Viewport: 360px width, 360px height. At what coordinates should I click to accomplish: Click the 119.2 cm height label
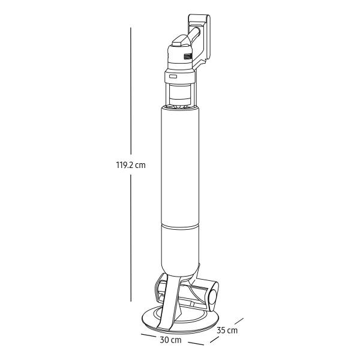[x=131, y=165]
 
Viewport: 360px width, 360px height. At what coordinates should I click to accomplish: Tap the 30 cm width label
[x=170, y=340]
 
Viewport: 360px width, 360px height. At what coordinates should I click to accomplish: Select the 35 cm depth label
[x=227, y=331]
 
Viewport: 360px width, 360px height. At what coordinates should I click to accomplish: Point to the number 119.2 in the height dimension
[x=124, y=165]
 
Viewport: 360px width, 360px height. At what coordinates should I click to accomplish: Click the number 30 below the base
[x=164, y=340]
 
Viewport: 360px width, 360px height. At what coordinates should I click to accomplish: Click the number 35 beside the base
[x=221, y=331]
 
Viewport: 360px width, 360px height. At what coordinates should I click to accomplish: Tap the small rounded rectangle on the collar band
[x=173, y=76]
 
